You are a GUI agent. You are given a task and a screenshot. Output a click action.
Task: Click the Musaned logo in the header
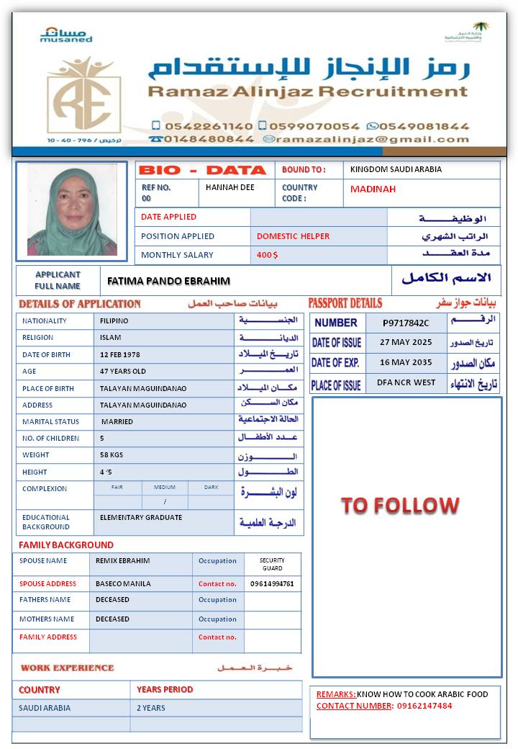[x=66, y=35]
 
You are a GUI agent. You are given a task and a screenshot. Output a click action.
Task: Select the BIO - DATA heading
[x=202, y=171]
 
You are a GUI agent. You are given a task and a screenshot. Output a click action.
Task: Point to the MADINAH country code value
[x=373, y=189]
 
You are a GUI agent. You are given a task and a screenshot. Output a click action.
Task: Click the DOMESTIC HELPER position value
[x=293, y=236]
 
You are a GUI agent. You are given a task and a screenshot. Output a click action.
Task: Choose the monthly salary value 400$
[x=267, y=255]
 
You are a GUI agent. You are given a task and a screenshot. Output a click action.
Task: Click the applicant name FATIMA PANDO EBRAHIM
[x=168, y=281]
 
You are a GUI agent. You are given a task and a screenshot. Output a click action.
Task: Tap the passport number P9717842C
[x=406, y=323]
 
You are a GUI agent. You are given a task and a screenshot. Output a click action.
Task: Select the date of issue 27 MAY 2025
[x=406, y=343]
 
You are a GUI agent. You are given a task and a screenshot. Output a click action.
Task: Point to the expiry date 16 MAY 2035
[x=406, y=362]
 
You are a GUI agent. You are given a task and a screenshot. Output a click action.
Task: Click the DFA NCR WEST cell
[x=406, y=382]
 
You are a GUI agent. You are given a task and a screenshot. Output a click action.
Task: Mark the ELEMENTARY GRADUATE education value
[x=141, y=517]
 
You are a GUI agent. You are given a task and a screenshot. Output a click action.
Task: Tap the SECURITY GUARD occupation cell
[x=272, y=564]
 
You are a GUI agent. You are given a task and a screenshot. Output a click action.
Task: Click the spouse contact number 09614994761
[x=272, y=584]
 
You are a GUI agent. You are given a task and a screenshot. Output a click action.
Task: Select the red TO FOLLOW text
[x=400, y=505]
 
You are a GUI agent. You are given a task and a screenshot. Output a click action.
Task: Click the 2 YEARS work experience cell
[x=151, y=708]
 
